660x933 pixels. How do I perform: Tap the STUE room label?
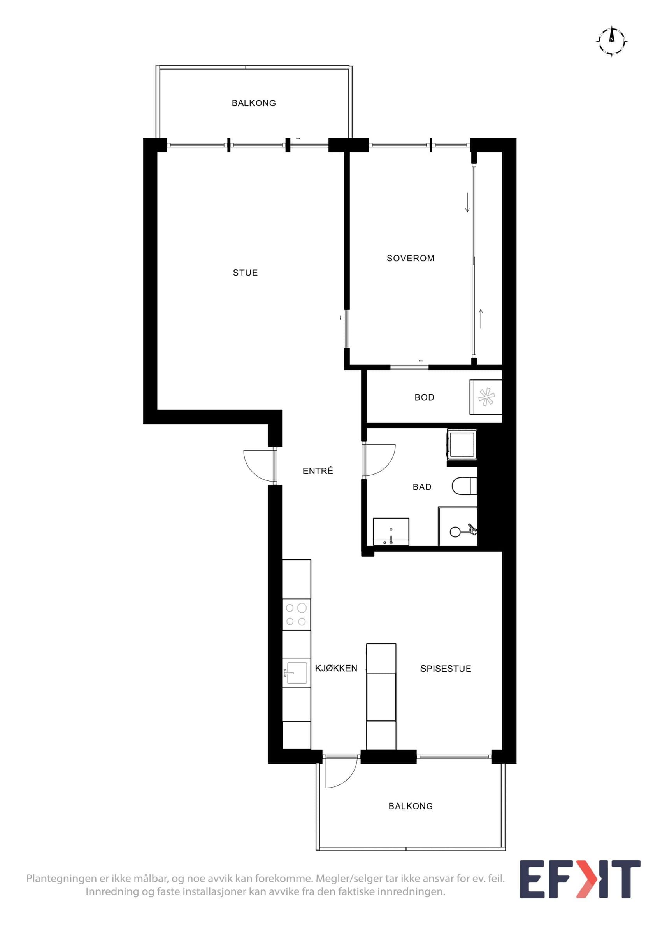pyautogui.click(x=245, y=273)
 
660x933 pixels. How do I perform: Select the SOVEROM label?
pyautogui.click(x=410, y=258)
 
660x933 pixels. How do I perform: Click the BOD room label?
pyautogui.click(x=424, y=397)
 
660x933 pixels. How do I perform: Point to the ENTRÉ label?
pyautogui.click(x=318, y=470)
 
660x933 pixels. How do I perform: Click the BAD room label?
pyautogui.click(x=422, y=487)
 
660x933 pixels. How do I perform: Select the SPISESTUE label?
pyautogui.click(x=445, y=669)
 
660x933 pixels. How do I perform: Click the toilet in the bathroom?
pyautogui.click(x=464, y=486)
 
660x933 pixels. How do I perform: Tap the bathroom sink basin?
pyautogui.click(x=391, y=532)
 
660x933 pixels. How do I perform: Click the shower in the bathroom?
pyautogui.click(x=458, y=527)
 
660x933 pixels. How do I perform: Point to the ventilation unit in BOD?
pyautogui.click(x=486, y=397)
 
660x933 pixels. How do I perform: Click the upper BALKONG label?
pyautogui.click(x=254, y=103)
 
